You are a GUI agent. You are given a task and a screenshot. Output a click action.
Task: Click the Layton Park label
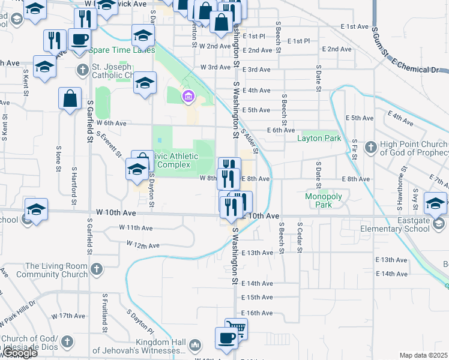319,139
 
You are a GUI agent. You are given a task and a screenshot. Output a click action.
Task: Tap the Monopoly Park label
323,200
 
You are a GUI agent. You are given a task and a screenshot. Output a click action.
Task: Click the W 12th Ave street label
143,245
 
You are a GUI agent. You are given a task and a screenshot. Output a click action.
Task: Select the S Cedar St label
298,236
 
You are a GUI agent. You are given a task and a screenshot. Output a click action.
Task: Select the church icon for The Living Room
96,270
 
